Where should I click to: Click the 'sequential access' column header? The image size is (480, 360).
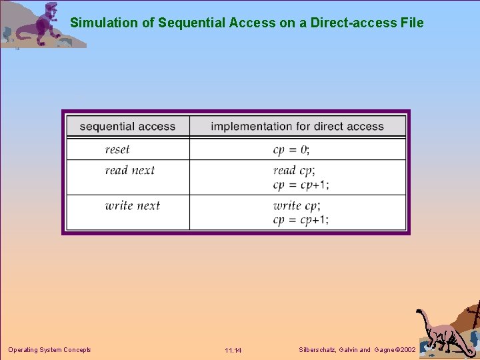(x=127, y=126)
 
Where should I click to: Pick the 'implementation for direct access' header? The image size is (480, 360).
(x=297, y=126)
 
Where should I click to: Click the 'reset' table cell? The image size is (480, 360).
(x=117, y=149)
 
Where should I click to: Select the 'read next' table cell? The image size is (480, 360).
(x=129, y=170)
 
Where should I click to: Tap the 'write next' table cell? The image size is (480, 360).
(x=133, y=205)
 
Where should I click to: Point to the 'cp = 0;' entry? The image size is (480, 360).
(x=291, y=149)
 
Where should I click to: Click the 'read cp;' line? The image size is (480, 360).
(x=294, y=170)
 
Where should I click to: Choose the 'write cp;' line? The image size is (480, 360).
(x=297, y=205)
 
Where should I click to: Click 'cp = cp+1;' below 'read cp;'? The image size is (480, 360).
(x=301, y=184)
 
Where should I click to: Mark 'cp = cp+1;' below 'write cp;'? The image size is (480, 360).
(x=301, y=219)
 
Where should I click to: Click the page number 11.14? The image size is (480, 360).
(x=233, y=351)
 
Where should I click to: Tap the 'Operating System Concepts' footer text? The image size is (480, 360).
(x=49, y=350)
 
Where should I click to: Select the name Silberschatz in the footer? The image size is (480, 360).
(x=319, y=350)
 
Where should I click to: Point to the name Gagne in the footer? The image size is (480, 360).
(x=385, y=350)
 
